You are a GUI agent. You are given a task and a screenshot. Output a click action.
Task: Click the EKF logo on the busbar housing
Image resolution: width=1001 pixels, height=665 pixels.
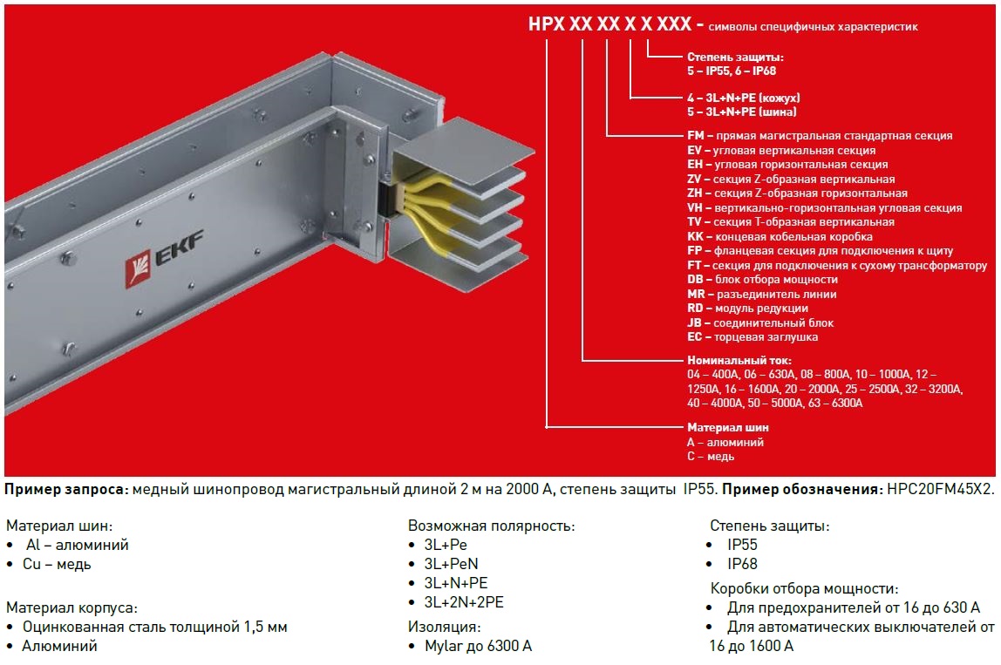tap(164, 259)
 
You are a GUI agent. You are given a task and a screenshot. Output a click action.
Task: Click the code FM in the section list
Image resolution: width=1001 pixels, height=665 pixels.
tap(695, 135)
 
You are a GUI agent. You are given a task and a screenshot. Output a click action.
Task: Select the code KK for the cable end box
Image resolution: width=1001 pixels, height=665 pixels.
tap(695, 236)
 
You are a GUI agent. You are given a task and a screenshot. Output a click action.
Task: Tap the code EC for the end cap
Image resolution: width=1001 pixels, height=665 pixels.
tap(695, 337)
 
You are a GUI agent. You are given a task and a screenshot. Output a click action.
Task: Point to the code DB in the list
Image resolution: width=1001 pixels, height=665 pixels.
tap(695, 280)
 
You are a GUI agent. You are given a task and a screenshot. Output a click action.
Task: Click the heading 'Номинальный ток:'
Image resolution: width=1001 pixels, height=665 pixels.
tap(739, 360)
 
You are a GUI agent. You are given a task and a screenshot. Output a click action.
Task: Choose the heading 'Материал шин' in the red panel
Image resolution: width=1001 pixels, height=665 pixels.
tap(728, 427)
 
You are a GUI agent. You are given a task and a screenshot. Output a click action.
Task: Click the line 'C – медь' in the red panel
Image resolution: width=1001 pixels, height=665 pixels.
tap(711, 457)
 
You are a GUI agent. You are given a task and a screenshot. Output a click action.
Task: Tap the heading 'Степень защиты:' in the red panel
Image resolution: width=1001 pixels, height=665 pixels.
tap(735, 57)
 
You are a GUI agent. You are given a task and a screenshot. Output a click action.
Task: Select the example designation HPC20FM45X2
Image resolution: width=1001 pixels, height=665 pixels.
tap(940, 490)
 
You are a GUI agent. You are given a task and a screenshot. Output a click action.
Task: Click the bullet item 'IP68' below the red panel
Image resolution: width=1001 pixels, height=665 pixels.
tap(742, 564)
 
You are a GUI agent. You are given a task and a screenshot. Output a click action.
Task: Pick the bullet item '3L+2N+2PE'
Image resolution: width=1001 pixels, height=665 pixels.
tap(464, 602)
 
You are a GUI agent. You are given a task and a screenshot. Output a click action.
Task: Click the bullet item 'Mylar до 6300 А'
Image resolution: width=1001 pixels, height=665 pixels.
tap(478, 646)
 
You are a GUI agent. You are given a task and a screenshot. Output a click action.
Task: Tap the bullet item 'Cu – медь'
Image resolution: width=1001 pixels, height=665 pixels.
tap(57, 564)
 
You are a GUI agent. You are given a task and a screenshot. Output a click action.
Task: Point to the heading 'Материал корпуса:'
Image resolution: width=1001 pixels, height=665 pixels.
tap(71, 607)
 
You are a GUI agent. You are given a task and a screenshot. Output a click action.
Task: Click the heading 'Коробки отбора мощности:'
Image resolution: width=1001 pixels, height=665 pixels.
tap(804, 588)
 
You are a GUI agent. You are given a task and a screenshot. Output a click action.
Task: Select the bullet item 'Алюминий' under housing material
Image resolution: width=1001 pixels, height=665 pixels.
tap(59, 646)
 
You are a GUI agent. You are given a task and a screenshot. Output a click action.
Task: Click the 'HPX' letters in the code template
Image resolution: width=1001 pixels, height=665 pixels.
tap(547, 24)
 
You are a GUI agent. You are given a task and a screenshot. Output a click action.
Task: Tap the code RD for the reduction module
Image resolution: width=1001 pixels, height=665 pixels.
tap(695, 309)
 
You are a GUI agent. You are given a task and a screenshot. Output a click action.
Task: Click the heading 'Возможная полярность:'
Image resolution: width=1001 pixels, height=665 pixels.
tap(492, 526)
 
